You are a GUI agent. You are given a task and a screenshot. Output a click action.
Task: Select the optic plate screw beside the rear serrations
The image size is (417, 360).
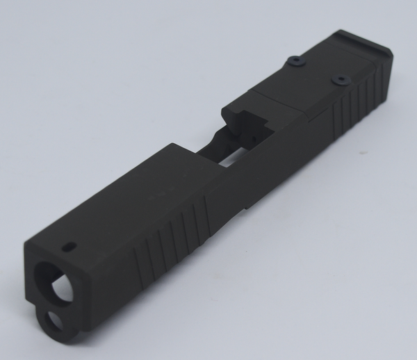click(x=341, y=81)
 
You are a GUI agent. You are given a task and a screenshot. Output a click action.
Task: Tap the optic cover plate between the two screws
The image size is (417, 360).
click(x=316, y=76)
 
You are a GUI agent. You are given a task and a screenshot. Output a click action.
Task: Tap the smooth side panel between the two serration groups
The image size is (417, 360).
click(x=271, y=167)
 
